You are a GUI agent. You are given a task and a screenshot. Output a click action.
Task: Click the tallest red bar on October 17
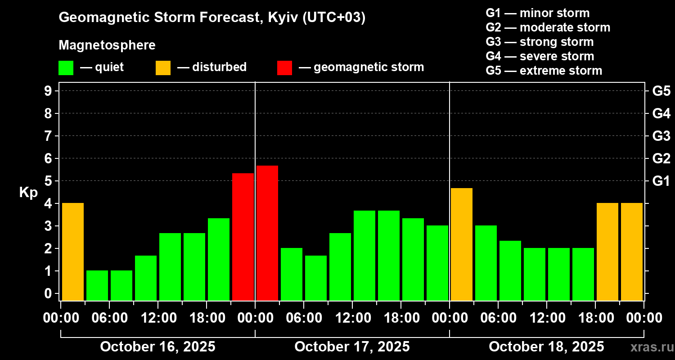pyautogui.click(x=267, y=233)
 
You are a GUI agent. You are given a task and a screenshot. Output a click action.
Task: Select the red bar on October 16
pyautogui.click(x=243, y=237)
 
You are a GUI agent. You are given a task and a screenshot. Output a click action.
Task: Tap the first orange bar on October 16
pyautogui.click(x=73, y=252)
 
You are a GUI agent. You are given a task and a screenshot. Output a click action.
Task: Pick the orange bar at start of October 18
pyautogui.click(x=462, y=244)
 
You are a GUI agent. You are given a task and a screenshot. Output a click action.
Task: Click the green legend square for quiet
pyautogui.click(x=66, y=68)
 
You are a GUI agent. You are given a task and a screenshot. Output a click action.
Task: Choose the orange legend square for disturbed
pyautogui.click(x=163, y=68)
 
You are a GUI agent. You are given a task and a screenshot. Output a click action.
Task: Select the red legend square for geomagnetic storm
pyautogui.click(x=284, y=68)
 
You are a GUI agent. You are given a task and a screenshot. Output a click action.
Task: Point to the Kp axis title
pyautogui.click(x=28, y=192)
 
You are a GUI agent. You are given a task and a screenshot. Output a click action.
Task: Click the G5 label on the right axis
pyautogui.click(x=661, y=91)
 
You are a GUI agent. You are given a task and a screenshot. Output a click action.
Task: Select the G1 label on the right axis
pyautogui.click(x=661, y=181)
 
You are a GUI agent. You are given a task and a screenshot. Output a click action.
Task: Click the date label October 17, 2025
pyautogui.click(x=352, y=347)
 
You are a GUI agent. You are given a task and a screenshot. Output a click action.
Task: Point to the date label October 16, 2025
pyautogui.click(x=157, y=347)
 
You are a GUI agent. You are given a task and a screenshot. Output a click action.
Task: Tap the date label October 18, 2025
pyautogui.click(x=546, y=347)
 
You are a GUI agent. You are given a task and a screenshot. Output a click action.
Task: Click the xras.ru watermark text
pyautogui.click(x=650, y=347)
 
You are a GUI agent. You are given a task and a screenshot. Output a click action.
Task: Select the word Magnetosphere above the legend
pyautogui.click(x=107, y=45)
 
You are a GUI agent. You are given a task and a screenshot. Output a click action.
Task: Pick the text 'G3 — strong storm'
pyautogui.click(x=540, y=42)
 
